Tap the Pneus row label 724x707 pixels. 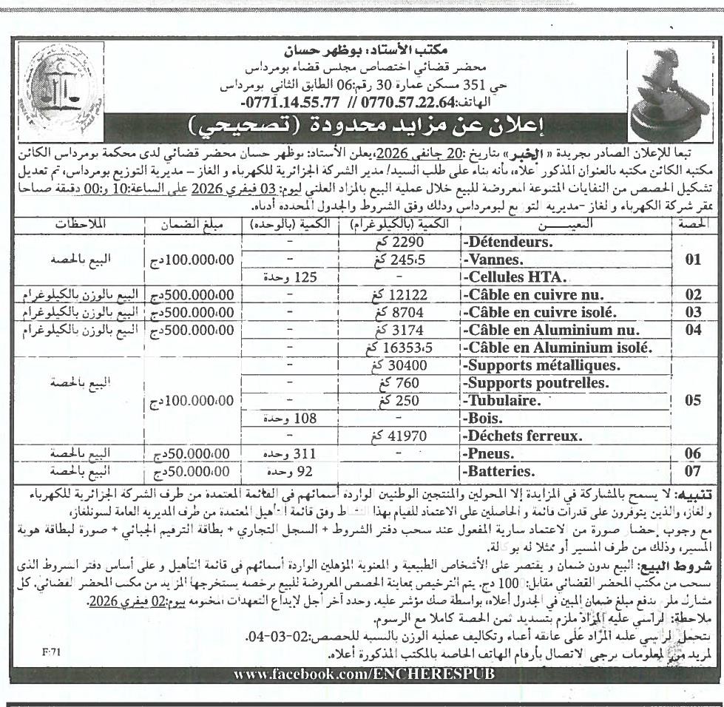point(486,453)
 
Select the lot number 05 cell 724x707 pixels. point(692,401)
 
